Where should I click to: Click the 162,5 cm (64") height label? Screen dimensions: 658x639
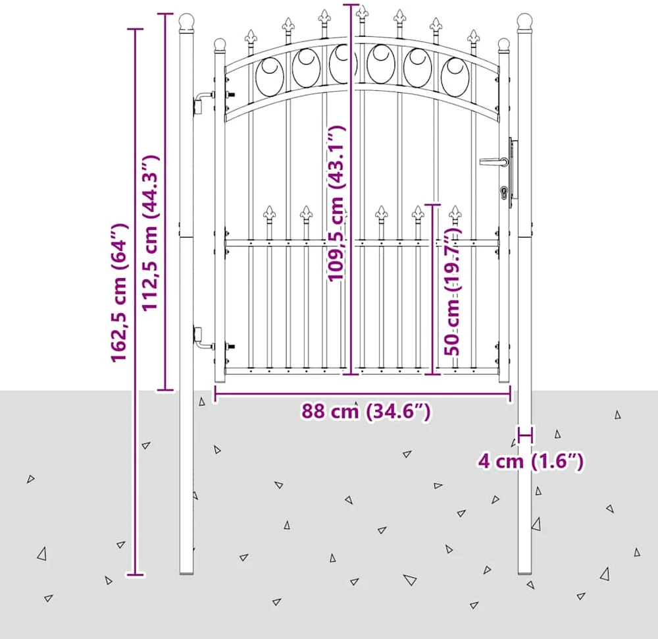tap(118, 292)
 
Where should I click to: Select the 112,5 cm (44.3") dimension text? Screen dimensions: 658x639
tap(150, 233)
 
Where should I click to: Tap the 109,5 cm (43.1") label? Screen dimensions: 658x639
tap(336, 204)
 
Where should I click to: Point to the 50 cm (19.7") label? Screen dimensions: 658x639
tap(452, 291)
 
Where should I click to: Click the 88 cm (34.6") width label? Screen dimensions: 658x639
tap(366, 411)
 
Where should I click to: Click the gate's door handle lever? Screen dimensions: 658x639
tap(493, 161)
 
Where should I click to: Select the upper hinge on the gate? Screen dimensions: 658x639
tap(205, 102)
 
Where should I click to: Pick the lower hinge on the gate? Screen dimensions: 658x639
tap(205, 339)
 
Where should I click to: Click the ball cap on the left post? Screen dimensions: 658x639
tap(186, 22)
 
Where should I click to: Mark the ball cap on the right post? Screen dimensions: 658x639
tap(524, 22)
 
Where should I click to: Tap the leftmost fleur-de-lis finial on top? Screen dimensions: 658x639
tap(251, 37)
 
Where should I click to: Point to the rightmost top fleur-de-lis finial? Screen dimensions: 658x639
tap(473, 37)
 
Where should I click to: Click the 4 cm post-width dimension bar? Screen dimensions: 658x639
tap(525, 435)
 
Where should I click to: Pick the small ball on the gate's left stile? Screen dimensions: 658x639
tap(220, 45)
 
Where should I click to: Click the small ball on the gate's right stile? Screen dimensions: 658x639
tap(503, 45)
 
